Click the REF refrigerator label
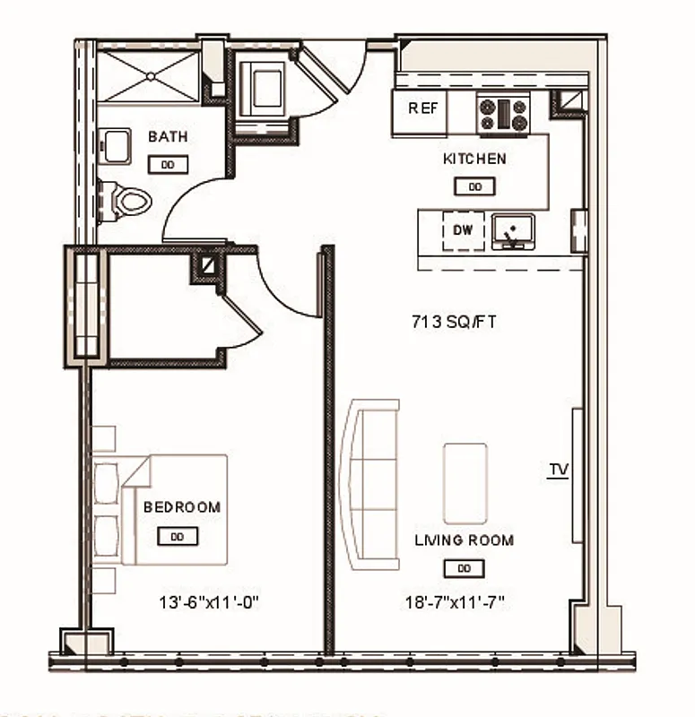423,108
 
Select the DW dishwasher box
462,230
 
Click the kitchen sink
513,231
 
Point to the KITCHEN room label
474,160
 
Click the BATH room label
168,137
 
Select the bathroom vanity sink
114,145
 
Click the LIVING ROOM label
464,540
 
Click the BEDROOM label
182,507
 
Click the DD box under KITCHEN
475,186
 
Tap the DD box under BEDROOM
178,536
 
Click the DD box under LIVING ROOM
464,568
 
